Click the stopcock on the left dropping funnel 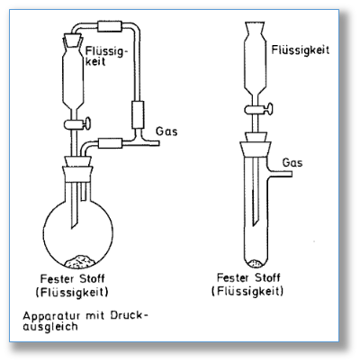pos(76,124)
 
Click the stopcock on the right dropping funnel pos(258,109)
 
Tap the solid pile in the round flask pos(80,261)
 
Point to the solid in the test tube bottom pos(256,263)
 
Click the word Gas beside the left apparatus pos(166,132)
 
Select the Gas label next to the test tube pos(292,162)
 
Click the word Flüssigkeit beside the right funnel pos(301,50)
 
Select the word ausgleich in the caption pos(50,327)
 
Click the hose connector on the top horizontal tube pos(110,26)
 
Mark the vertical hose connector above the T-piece pos(138,115)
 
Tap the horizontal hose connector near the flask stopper pos(111,143)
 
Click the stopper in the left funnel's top pos(73,41)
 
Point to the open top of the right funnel pos(255,23)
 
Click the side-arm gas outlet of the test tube pos(280,173)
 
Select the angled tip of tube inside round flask pos(75,222)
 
